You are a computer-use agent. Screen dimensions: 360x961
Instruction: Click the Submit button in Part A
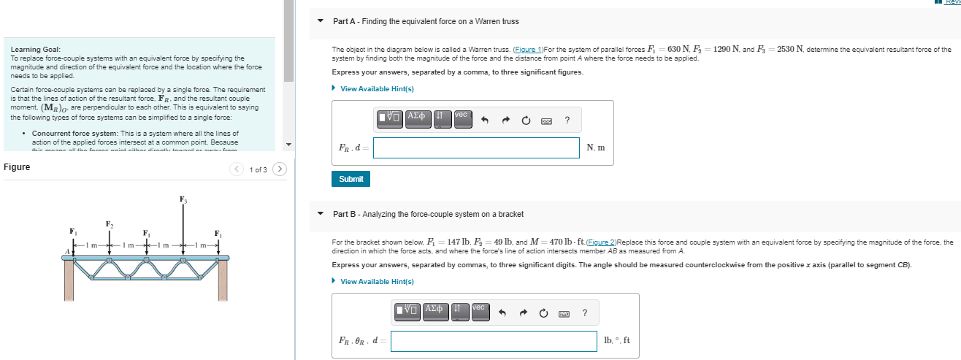coord(351,179)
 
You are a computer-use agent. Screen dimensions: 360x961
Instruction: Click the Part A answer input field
coord(477,148)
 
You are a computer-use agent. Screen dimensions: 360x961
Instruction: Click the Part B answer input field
coord(494,340)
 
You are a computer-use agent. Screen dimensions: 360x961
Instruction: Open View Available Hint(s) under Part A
coord(377,89)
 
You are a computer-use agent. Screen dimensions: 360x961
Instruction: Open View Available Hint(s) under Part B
coord(377,281)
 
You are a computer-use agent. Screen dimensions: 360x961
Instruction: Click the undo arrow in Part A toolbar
coord(484,120)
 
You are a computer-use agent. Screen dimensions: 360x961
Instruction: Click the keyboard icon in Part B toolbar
coord(564,313)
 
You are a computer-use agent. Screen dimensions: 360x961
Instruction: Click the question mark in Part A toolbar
coord(567,120)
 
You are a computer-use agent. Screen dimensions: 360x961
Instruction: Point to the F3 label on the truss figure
coord(183,199)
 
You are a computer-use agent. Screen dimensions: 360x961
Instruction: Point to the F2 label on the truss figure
coord(110,223)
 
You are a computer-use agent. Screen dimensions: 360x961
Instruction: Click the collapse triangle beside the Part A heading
coord(320,21)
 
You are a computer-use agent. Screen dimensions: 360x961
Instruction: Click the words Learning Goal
coord(31,49)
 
